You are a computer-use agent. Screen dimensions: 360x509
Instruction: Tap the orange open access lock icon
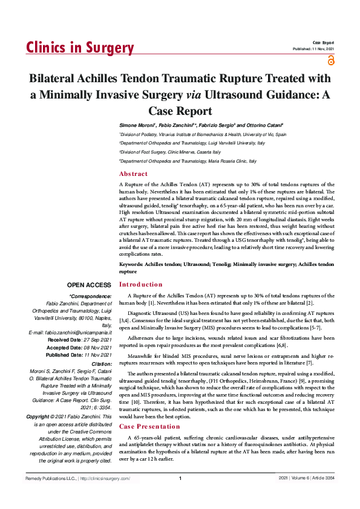point(330,60)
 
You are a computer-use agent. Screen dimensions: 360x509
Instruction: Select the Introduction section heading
point(140,284)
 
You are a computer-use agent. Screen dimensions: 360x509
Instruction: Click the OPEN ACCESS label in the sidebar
point(89,285)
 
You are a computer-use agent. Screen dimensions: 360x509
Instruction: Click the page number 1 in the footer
point(180,496)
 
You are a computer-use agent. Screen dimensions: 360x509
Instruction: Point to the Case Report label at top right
point(324,42)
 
